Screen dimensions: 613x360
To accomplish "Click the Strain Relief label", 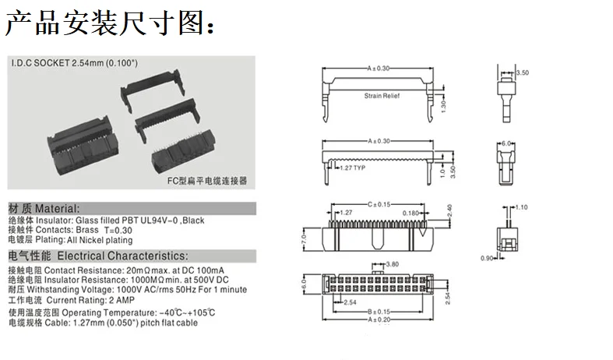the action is point(382,96).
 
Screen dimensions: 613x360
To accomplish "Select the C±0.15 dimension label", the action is point(379,204).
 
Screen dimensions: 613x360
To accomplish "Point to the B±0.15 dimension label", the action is point(379,312).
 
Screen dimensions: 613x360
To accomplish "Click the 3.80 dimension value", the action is point(392,264).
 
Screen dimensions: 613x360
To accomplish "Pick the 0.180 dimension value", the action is point(410,214).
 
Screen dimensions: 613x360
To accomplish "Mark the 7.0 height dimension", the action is point(304,238).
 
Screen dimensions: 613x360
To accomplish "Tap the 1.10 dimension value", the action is point(522,207).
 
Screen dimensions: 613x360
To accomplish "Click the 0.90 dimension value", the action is point(487,258).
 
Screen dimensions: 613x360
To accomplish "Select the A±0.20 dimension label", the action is point(379,319).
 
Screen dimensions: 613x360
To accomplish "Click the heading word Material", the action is point(57,209).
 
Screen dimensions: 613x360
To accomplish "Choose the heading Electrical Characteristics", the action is point(122,256).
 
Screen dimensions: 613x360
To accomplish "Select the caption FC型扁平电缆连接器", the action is point(207,181).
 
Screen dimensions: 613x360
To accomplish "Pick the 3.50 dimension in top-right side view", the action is point(523,72).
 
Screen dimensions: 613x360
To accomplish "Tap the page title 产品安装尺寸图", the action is point(105,23).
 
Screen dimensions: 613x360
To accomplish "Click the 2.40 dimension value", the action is point(449,210).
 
